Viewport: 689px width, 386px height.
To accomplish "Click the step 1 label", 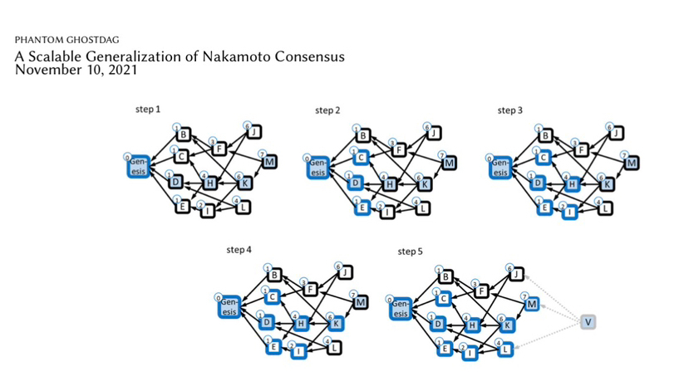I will click(147, 110).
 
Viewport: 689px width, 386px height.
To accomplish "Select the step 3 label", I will click(510, 110).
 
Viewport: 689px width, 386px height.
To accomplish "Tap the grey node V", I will click(589, 321).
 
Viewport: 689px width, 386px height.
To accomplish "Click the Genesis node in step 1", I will click(138, 166).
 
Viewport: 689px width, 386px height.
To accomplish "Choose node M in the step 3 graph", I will click(631, 163).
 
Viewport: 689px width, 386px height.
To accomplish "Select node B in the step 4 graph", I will click(274, 275).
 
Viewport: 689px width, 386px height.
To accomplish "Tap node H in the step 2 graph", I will click(389, 183).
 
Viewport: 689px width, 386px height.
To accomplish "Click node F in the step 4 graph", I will click(313, 290).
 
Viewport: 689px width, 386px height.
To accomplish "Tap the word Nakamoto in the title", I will click(242, 56).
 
